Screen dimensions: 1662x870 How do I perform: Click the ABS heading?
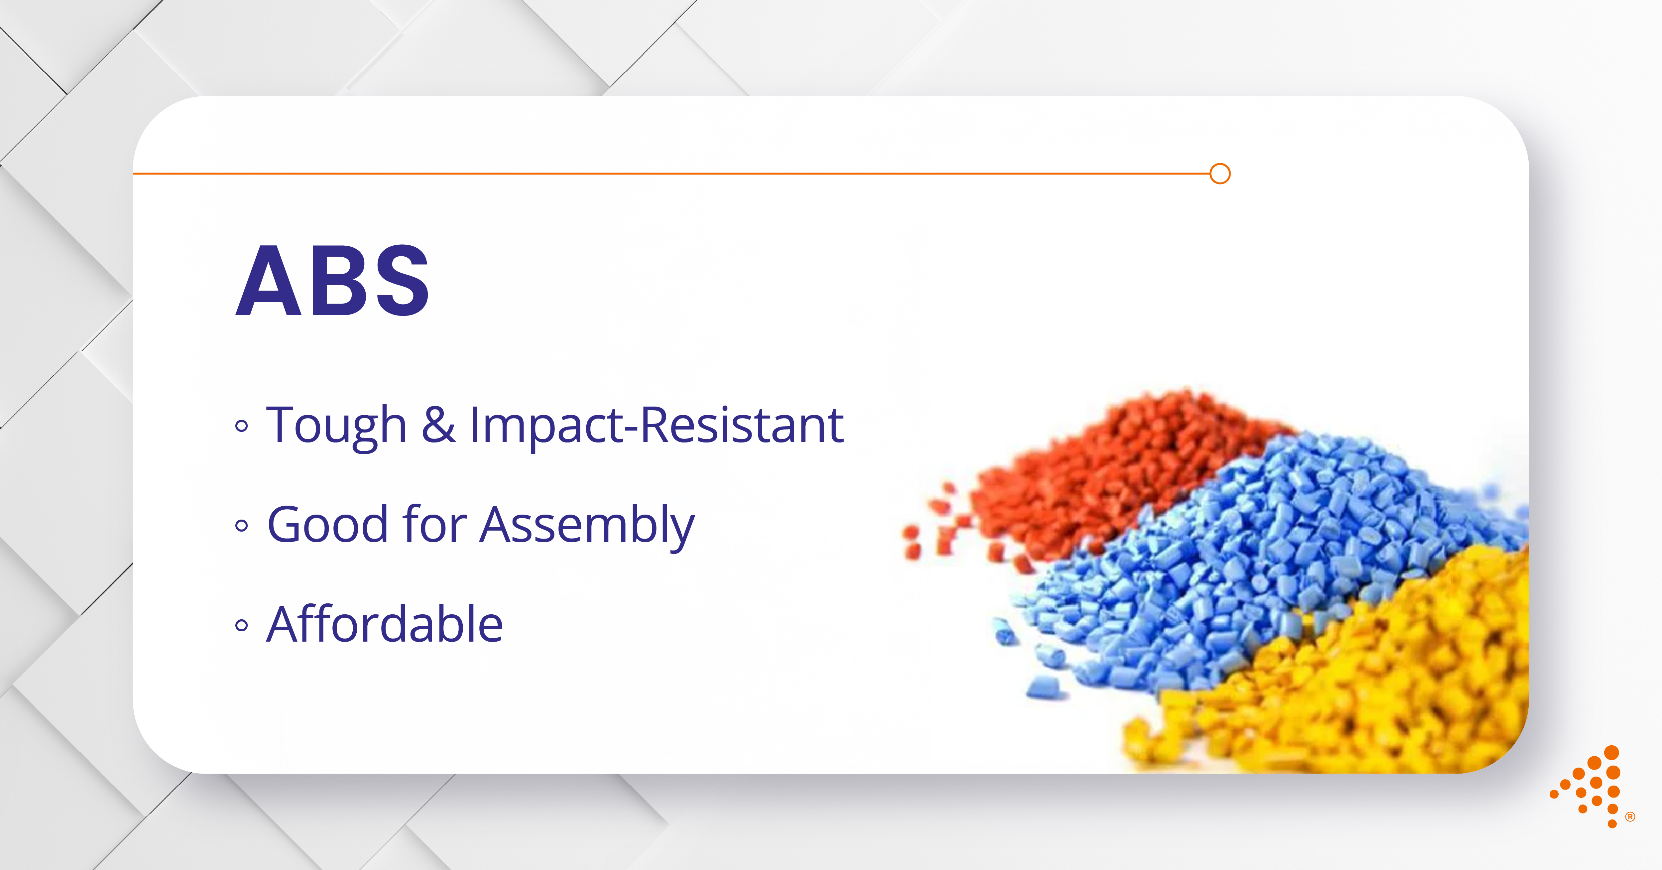pos(332,281)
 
